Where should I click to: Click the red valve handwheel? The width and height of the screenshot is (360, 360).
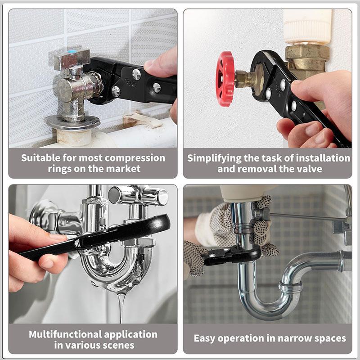pos(225,79)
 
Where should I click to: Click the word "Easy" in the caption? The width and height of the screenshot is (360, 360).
pos(205,338)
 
